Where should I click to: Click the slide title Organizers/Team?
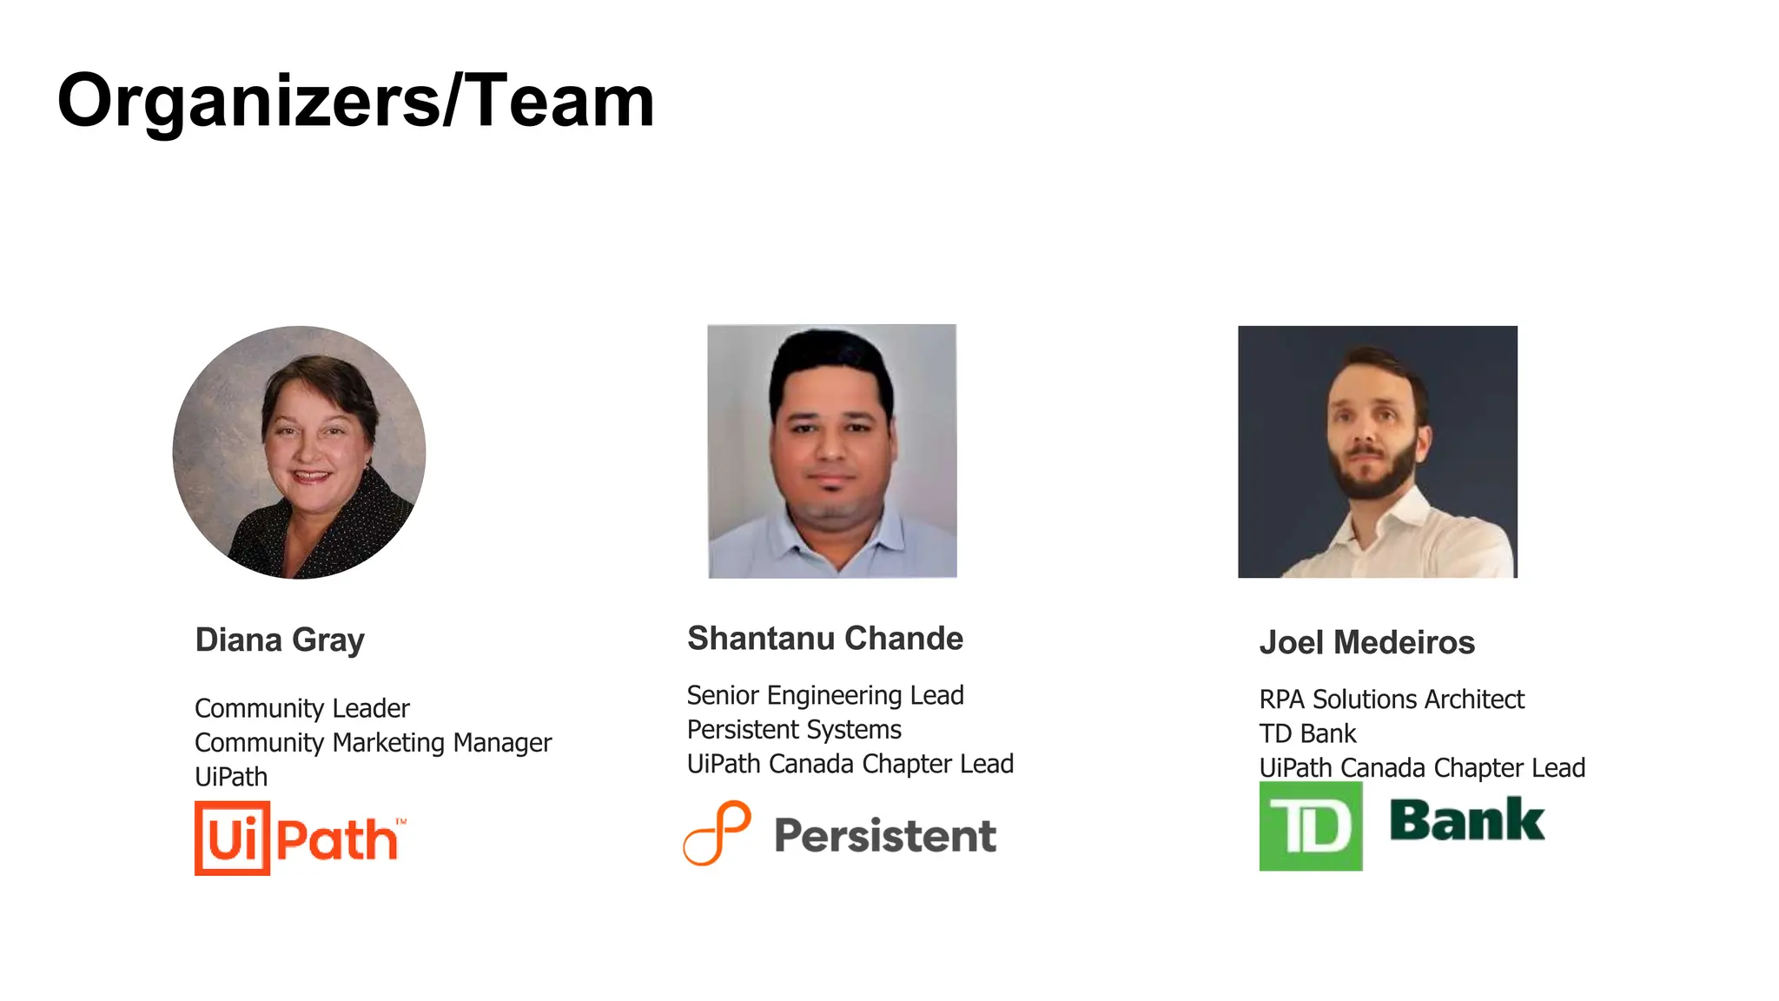tap(355, 102)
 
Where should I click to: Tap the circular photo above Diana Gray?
tap(299, 452)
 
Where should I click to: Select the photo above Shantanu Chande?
tap(832, 451)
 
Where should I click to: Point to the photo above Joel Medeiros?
tap(1378, 452)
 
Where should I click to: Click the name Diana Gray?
tap(280, 640)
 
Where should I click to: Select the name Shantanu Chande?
tap(825, 639)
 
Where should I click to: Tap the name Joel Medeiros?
tap(1367, 643)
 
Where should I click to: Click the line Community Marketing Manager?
tap(373, 743)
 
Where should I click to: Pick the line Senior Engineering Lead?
tap(825, 695)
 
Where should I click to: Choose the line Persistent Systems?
tap(794, 730)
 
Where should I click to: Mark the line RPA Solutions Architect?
tap(1392, 699)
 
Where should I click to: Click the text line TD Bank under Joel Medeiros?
tap(1307, 734)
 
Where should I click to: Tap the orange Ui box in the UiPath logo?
tap(232, 839)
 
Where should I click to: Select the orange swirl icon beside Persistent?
tap(718, 833)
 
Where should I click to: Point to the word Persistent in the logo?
tap(885, 836)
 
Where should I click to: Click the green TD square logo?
tap(1311, 826)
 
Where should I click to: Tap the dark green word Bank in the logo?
tap(1467, 821)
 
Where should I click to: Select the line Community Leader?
tap(301, 708)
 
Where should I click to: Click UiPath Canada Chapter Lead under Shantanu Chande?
tap(850, 764)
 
